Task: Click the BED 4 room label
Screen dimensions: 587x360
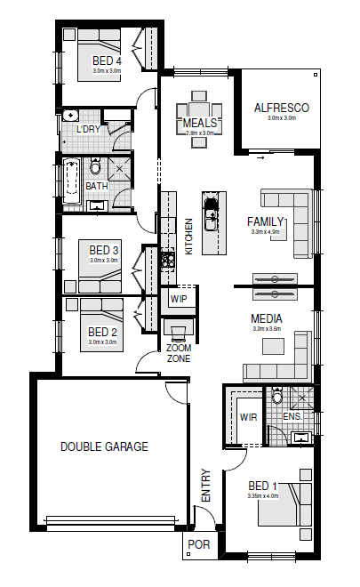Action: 107,60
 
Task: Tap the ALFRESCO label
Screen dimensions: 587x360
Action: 281,108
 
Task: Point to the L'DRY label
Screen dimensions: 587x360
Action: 88,130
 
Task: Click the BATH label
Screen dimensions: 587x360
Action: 97,186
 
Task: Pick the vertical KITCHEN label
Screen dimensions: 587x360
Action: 188,237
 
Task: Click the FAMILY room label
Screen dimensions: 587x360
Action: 265,221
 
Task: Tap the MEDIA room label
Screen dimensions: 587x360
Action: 266,318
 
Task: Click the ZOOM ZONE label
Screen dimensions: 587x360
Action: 179,353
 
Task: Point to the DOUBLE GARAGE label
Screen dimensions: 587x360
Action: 104,446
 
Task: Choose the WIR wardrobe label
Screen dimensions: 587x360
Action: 248,415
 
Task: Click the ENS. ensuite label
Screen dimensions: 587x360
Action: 292,415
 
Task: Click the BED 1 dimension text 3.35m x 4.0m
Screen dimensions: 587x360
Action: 263,496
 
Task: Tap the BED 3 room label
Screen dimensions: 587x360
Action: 104,251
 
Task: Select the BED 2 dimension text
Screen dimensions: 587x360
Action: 103,342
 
